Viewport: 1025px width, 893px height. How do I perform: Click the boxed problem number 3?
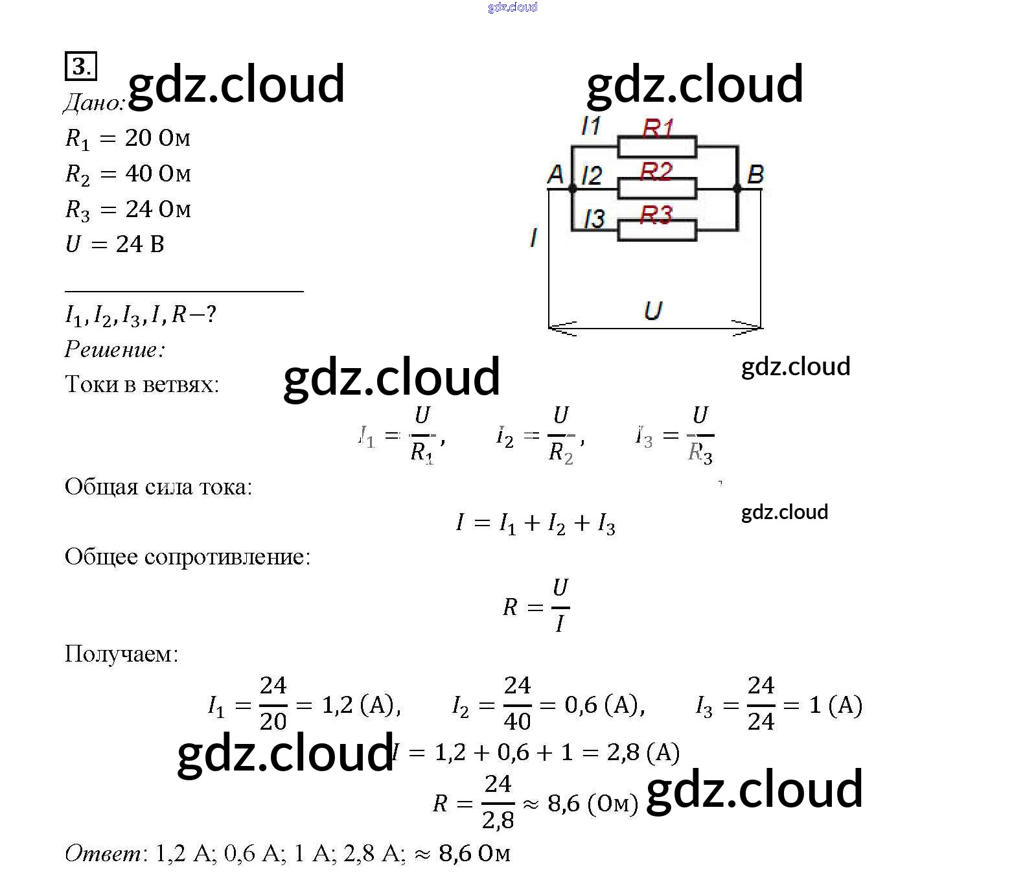[x=81, y=66]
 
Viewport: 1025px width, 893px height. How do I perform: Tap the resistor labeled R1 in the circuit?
[x=657, y=147]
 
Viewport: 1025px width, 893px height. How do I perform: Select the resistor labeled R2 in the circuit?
[x=657, y=188]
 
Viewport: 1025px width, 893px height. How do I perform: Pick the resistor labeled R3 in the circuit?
[x=657, y=230]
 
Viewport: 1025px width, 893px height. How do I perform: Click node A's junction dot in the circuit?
[x=572, y=189]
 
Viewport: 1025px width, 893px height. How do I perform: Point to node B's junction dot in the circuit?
[x=737, y=189]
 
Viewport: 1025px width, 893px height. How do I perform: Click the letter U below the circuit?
[x=653, y=311]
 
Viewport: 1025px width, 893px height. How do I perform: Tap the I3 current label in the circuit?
[x=594, y=219]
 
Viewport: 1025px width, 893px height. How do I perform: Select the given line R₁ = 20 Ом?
[x=128, y=139]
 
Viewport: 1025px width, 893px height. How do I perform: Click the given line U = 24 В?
[x=115, y=244]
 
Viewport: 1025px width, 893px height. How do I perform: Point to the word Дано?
[x=95, y=102]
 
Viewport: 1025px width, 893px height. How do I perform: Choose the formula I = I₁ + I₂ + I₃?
[x=536, y=523]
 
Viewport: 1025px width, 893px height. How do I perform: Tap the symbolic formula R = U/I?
[x=536, y=606]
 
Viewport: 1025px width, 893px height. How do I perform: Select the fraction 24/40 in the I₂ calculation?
[x=517, y=703]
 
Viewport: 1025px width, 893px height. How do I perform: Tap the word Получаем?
[x=121, y=654]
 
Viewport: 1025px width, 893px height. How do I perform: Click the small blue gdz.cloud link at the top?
[x=512, y=7]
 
